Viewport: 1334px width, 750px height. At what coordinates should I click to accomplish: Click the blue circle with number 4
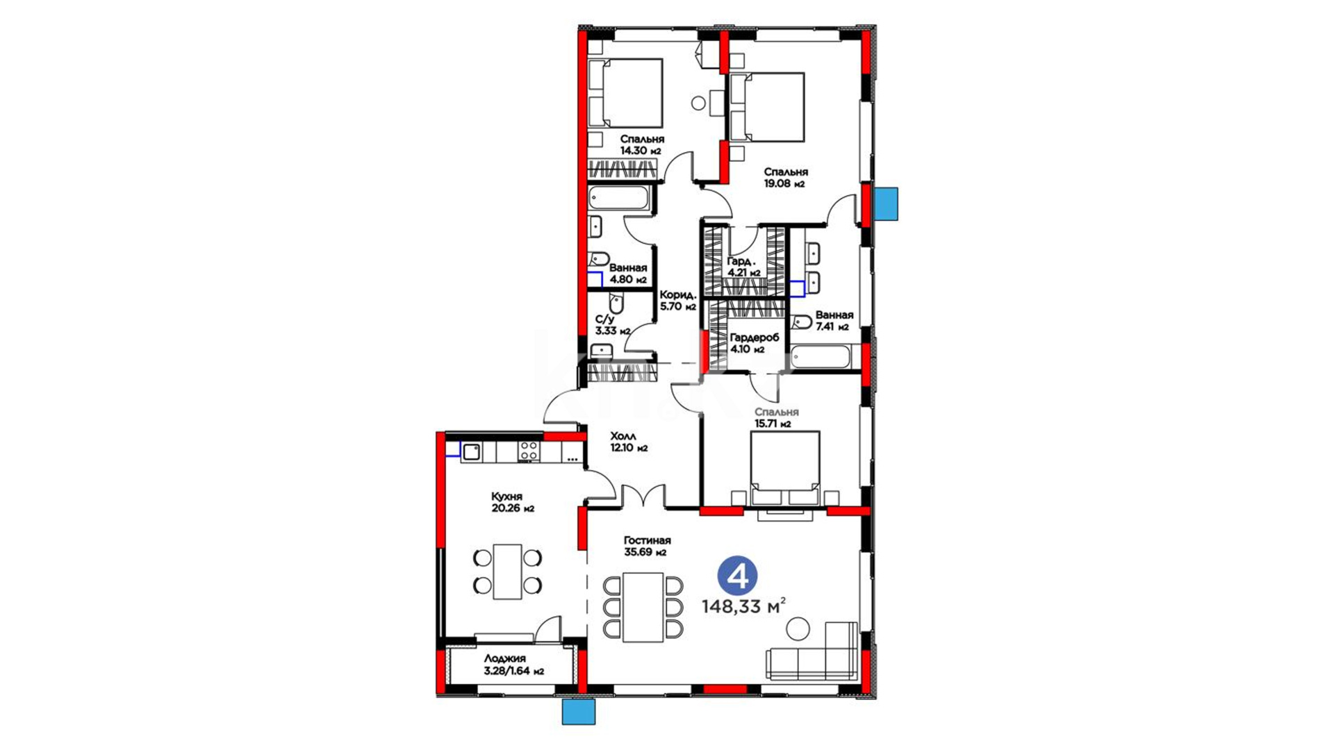tap(737, 576)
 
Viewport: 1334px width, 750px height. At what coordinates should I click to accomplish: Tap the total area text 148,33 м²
tap(743, 606)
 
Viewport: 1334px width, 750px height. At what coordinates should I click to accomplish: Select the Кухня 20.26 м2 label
tap(513, 502)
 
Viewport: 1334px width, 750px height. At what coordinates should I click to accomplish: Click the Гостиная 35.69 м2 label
tap(647, 546)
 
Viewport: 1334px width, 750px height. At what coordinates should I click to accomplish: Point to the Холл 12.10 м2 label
tap(629, 442)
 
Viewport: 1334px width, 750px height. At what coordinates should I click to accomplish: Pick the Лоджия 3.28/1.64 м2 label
tap(513, 665)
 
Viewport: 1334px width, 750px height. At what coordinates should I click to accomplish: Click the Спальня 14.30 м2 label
tap(642, 144)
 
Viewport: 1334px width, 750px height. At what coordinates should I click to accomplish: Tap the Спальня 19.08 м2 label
tap(786, 178)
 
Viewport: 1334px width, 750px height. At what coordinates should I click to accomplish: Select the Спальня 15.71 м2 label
tap(777, 417)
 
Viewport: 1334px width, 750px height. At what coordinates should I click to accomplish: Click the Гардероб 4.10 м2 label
tap(755, 343)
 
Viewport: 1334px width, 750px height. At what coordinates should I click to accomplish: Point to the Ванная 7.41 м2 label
tap(834, 321)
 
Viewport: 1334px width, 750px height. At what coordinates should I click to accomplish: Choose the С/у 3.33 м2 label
tap(613, 325)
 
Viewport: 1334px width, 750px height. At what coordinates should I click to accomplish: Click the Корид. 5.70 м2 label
tap(677, 300)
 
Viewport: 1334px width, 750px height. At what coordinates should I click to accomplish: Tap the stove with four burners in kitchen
tap(529, 451)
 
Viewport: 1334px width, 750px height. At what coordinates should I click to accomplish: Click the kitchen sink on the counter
tap(471, 452)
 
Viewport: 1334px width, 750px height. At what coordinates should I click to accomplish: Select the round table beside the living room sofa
tap(798, 628)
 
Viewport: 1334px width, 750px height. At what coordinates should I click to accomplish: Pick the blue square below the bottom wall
tap(579, 712)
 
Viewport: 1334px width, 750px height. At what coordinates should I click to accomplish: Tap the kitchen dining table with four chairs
tap(508, 572)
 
